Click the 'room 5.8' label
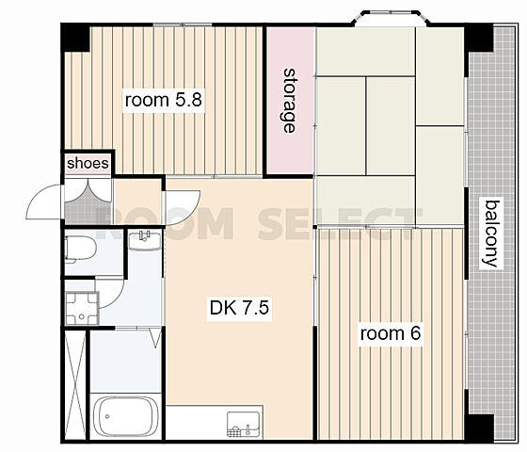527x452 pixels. point(164,100)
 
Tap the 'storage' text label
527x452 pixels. point(289,101)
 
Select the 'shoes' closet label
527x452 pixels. point(88,163)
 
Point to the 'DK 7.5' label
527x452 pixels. point(239,307)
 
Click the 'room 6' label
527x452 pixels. point(391,333)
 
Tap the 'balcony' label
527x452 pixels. point(490,234)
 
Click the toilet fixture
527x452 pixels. point(80,249)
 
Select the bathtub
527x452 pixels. point(126,416)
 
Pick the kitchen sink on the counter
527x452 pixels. point(244,424)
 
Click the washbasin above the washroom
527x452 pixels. point(145,240)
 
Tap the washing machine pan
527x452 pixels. point(82,309)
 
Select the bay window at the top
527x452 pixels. point(391,18)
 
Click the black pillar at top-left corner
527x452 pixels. point(75,37)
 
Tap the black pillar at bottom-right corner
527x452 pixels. point(480,428)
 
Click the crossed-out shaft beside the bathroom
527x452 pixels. point(75,384)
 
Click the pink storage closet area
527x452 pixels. point(291,100)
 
